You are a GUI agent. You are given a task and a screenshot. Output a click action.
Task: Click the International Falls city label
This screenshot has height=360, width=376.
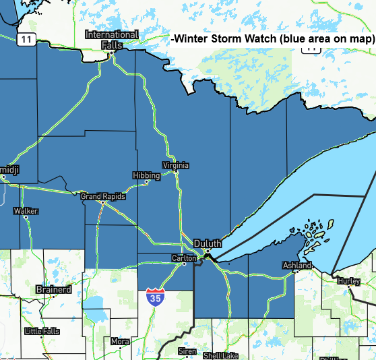[111, 39]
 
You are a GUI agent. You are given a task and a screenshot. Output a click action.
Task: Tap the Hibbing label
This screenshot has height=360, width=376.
[146, 175]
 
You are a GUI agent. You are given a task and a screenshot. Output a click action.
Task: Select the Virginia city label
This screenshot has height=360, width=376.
[175, 165]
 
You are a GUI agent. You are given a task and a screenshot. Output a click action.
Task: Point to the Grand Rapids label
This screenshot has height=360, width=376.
[100, 196]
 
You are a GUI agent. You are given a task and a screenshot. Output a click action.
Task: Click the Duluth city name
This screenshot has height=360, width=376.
[207, 243]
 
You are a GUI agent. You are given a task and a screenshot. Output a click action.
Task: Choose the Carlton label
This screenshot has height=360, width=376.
[184, 258]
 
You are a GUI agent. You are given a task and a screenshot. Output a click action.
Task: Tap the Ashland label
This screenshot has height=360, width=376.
[296, 266]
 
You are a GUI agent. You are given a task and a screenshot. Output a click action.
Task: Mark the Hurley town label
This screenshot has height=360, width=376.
[348, 280]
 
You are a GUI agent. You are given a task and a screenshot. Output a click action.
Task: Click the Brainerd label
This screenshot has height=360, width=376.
[53, 289]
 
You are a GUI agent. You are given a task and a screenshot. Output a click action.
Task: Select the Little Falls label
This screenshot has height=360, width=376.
[42, 331]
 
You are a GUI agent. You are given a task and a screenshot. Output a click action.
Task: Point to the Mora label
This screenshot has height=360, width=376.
[120, 341]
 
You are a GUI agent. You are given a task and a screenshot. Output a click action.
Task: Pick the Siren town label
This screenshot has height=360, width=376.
[187, 351]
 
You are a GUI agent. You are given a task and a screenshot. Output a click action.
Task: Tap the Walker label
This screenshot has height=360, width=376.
[26, 211]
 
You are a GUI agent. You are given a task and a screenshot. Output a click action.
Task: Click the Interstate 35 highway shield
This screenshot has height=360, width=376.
[154, 297]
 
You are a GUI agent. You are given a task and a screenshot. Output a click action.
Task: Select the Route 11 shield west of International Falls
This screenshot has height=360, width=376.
[26, 39]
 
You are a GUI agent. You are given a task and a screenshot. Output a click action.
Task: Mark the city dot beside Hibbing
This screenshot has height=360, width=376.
[146, 181]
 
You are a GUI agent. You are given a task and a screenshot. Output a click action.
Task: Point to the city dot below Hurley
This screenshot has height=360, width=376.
[348, 287]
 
